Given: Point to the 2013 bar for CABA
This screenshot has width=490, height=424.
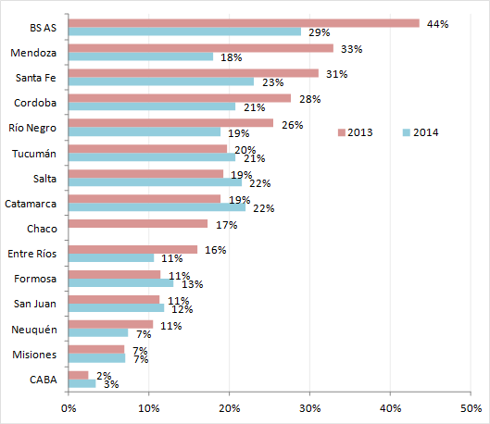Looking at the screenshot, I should point(79,374).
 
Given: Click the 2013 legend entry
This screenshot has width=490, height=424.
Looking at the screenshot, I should point(356,132).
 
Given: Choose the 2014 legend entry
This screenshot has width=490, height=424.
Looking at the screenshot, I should point(421,132).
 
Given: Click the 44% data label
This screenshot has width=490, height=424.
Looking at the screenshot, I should point(437,23).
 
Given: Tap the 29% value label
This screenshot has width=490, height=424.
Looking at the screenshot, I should point(320,32).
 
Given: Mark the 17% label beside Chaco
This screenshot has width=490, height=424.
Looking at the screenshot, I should point(226,224).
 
